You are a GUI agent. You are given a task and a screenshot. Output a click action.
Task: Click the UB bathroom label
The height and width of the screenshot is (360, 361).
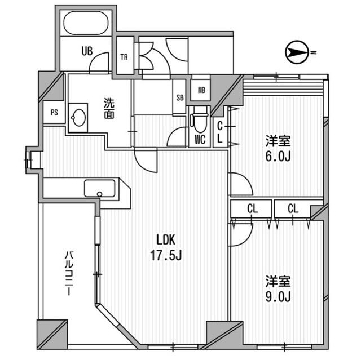pos(87,51)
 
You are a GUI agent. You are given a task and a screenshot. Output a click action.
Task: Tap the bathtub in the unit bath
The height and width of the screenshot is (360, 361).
pos(86,23)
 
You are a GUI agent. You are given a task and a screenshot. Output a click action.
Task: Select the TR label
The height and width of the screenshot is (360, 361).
pos(124,57)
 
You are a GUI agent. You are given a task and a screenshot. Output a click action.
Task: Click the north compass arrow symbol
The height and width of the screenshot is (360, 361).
pos(297,52)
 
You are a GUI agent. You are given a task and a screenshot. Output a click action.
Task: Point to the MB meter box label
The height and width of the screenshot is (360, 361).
pos(202,90)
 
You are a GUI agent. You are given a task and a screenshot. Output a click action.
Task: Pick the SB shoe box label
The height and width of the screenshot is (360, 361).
pos(180,97)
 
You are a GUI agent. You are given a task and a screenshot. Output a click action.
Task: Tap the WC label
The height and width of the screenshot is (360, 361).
pos(200,139)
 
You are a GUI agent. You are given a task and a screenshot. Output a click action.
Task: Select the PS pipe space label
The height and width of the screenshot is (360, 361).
pos(54,113)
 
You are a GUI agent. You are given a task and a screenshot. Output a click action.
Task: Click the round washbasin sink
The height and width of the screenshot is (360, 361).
pos(78,118)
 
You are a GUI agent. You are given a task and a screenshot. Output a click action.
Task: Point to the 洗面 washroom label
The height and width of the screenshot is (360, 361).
pos(109,108)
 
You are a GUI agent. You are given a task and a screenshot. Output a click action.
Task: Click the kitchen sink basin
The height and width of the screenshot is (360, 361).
pos(99,189)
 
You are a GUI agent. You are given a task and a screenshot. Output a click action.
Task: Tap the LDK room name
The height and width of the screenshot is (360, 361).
pos(166,240)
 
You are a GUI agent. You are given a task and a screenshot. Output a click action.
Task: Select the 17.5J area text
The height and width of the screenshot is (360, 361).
pos(166,255)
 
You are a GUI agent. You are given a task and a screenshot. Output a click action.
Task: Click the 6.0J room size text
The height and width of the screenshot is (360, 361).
pos(278,157)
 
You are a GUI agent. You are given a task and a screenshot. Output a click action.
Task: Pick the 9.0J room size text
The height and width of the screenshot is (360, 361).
pos(278,296)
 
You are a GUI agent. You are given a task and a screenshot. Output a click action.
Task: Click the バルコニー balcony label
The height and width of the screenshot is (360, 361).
pos(69,273)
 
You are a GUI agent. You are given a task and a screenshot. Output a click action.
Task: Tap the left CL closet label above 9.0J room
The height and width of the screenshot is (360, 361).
pos(253,209)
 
